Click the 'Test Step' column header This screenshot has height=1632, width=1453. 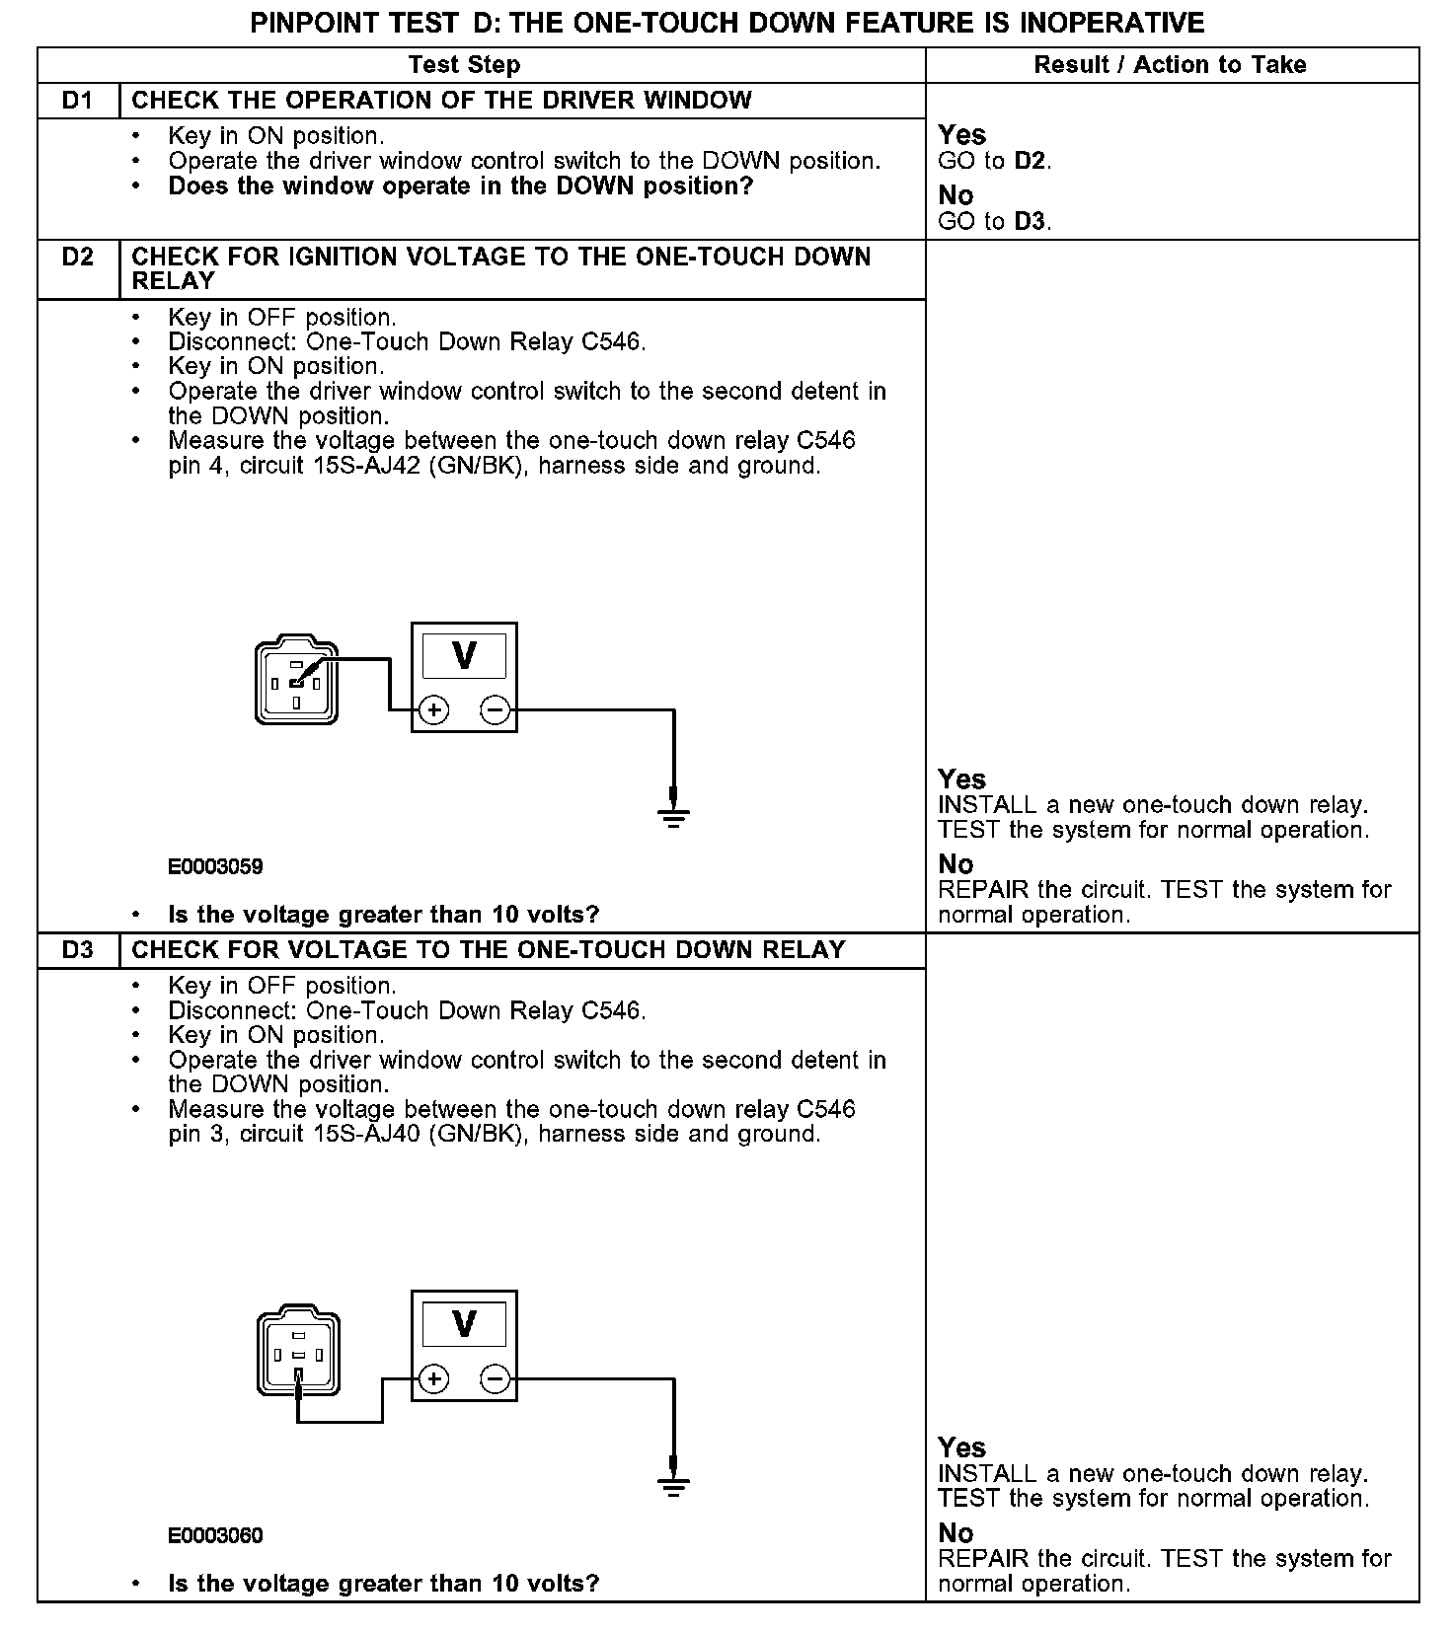[464, 65]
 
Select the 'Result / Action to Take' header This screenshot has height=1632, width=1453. [1170, 65]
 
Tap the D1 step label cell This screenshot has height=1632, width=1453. [78, 101]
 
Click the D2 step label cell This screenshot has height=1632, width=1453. [78, 258]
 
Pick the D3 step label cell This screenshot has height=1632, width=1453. [78, 950]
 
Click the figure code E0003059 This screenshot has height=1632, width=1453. [215, 867]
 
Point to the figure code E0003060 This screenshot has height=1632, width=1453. [215, 1536]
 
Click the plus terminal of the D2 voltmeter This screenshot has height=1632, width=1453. [433, 709]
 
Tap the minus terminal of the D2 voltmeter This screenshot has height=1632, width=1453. [496, 709]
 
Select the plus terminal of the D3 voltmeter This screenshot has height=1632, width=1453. [433, 1378]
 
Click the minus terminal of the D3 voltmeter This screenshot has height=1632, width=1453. [496, 1378]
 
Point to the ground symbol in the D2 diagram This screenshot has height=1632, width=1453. [673, 815]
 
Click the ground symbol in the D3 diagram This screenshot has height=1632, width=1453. [673, 1484]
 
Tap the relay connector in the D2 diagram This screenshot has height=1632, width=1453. [296, 682]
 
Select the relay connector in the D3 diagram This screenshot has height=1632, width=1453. [298, 1352]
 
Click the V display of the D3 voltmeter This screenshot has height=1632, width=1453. [464, 1324]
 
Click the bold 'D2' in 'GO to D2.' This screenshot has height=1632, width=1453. [1030, 161]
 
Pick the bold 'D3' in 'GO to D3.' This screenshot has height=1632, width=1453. [1030, 221]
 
